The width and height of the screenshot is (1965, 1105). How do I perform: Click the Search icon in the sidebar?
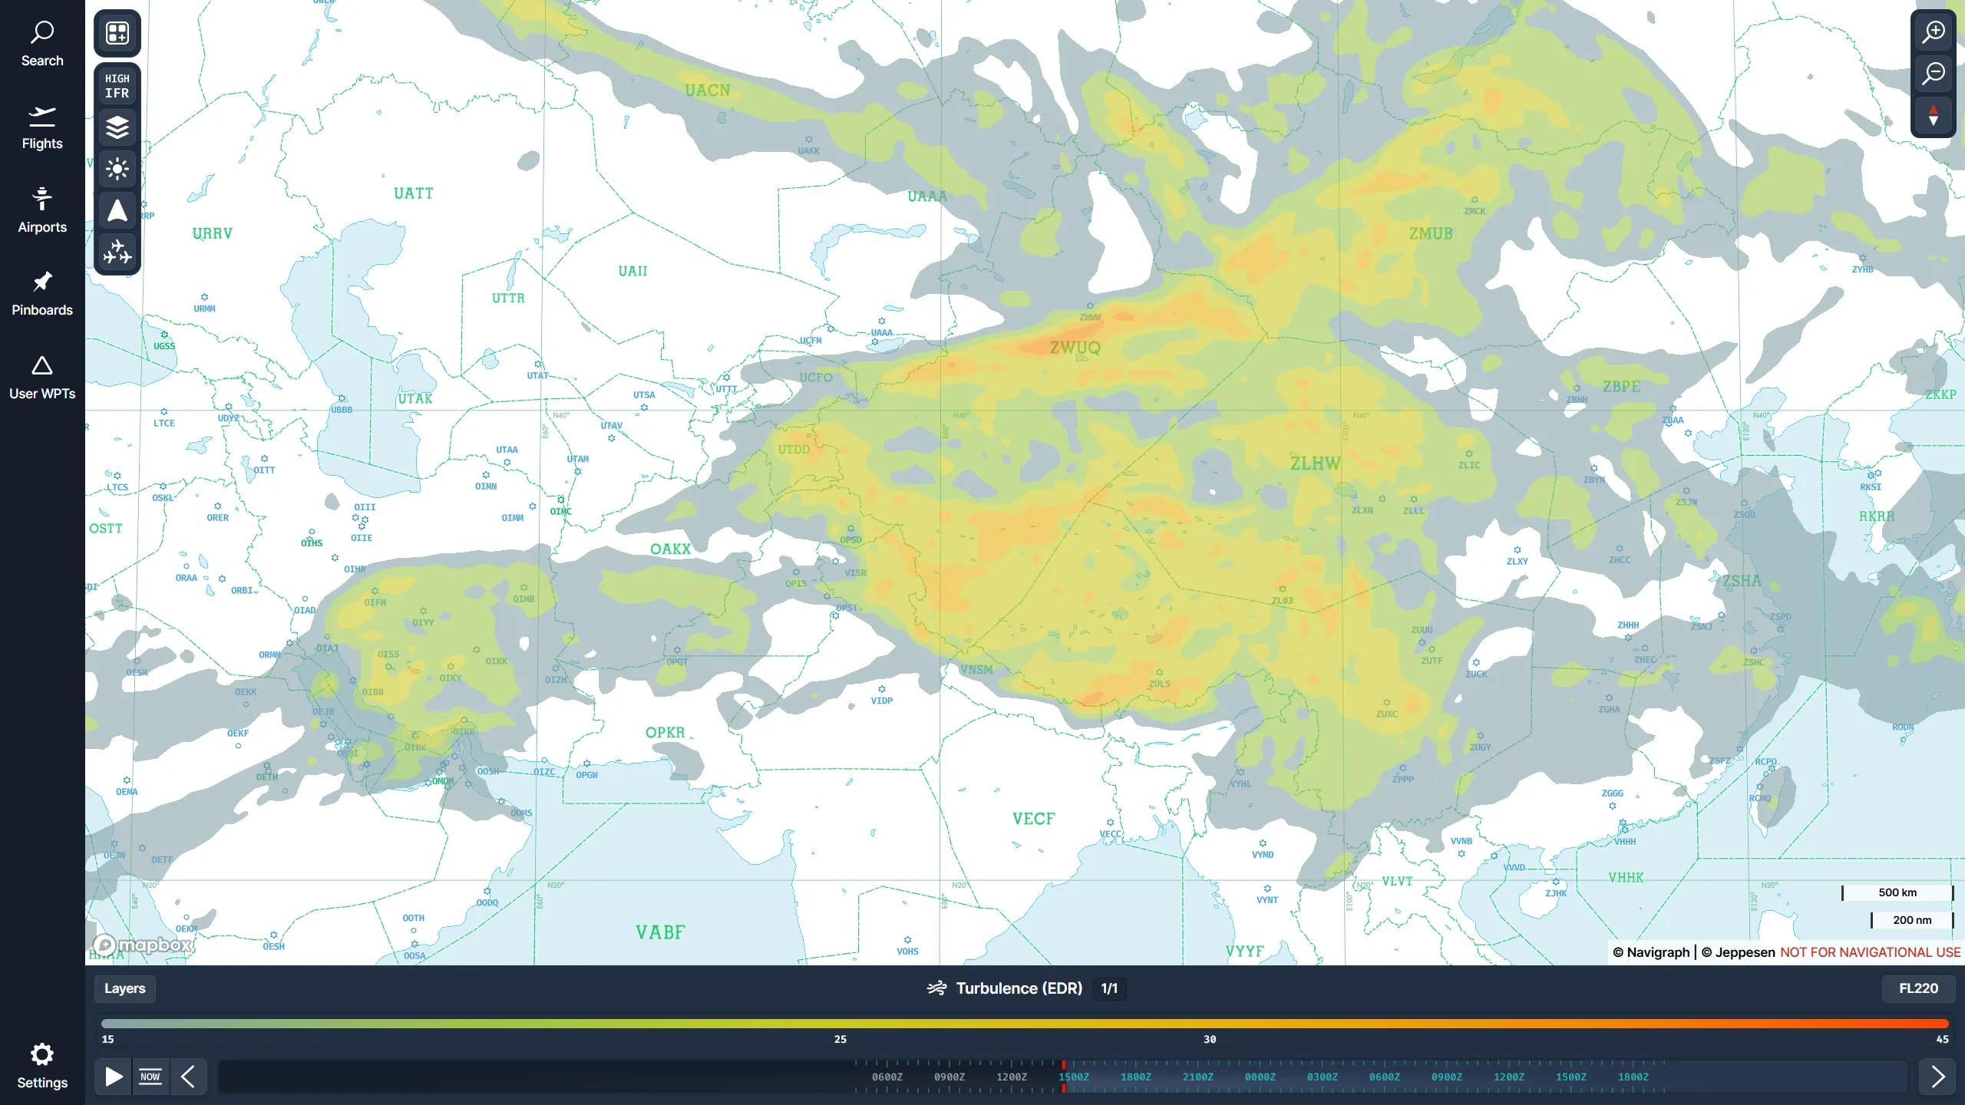click(42, 33)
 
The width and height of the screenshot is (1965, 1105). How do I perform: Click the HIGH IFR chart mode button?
click(117, 86)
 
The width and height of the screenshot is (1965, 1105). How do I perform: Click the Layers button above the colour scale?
click(124, 988)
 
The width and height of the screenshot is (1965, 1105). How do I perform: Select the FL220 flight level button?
click(1917, 988)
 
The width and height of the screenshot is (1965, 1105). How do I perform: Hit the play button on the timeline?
click(114, 1077)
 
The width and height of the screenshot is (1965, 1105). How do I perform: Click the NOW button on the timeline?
click(150, 1077)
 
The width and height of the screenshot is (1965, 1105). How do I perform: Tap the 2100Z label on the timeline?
click(1197, 1077)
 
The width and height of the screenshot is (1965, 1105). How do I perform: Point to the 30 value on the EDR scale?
click(1210, 1040)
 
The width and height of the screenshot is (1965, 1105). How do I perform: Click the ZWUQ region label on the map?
click(1075, 348)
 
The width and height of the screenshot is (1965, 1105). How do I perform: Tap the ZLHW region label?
click(1315, 463)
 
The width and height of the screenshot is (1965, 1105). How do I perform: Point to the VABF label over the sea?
click(660, 932)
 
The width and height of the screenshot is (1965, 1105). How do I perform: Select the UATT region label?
click(414, 193)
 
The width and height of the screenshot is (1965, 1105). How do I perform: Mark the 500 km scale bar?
click(1897, 892)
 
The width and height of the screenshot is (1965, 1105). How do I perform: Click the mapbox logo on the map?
click(143, 945)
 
